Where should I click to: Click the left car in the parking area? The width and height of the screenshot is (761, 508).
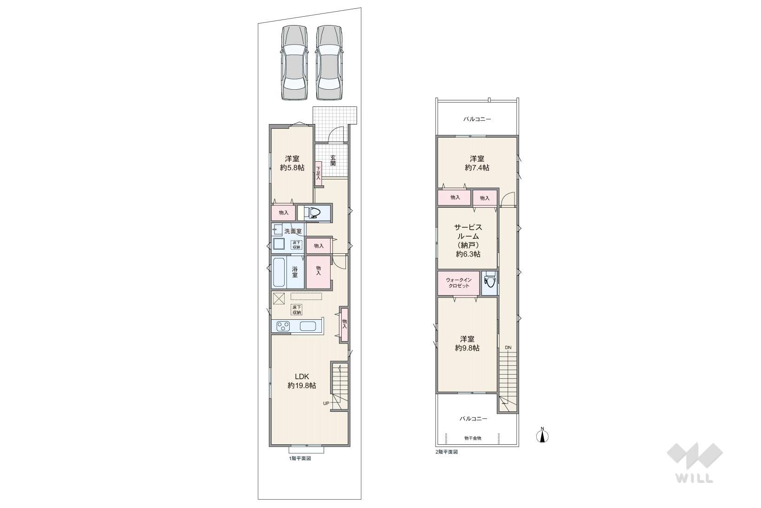pyautogui.click(x=294, y=63)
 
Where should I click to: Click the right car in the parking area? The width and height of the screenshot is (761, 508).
pyautogui.click(x=329, y=63)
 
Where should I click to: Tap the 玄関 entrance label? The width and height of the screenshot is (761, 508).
pyautogui.click(x=333, y=160)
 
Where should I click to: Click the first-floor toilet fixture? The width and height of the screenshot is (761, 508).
pyautogui.click(x=313, y=213)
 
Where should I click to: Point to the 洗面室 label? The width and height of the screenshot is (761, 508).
pyautogui.click(x=293, y=231)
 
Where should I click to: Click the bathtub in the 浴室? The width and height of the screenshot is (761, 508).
pyautogui.click(x=279, y=272)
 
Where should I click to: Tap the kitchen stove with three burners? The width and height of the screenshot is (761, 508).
pyautogui.click(x=283, y=326)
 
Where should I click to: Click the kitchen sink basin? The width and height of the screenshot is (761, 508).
pyautogui.click(x=308, y=326)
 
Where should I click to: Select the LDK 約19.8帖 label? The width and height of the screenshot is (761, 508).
pyautogui.click(x=302, y=381)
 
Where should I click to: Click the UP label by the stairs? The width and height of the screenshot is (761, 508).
pyautogui.click(x=326, y=403)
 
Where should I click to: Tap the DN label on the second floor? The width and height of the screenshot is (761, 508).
pyautogui.click(x=508, y=348)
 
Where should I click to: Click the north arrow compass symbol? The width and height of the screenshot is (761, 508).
pyautogui.click(x=543, y=435)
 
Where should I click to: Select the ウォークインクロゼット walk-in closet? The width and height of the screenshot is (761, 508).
pyautogui.click(x=459, y=283)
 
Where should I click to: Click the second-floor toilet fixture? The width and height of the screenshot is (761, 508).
pyautogui.click(x=489, y=282)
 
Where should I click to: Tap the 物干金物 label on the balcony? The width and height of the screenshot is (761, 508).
pyautogui.click(x=473, y=438)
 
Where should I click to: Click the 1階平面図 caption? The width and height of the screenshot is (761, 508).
pyautogui.click(x=300, y=458)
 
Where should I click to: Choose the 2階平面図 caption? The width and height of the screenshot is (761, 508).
pyautogui.click(x=446, y=452)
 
